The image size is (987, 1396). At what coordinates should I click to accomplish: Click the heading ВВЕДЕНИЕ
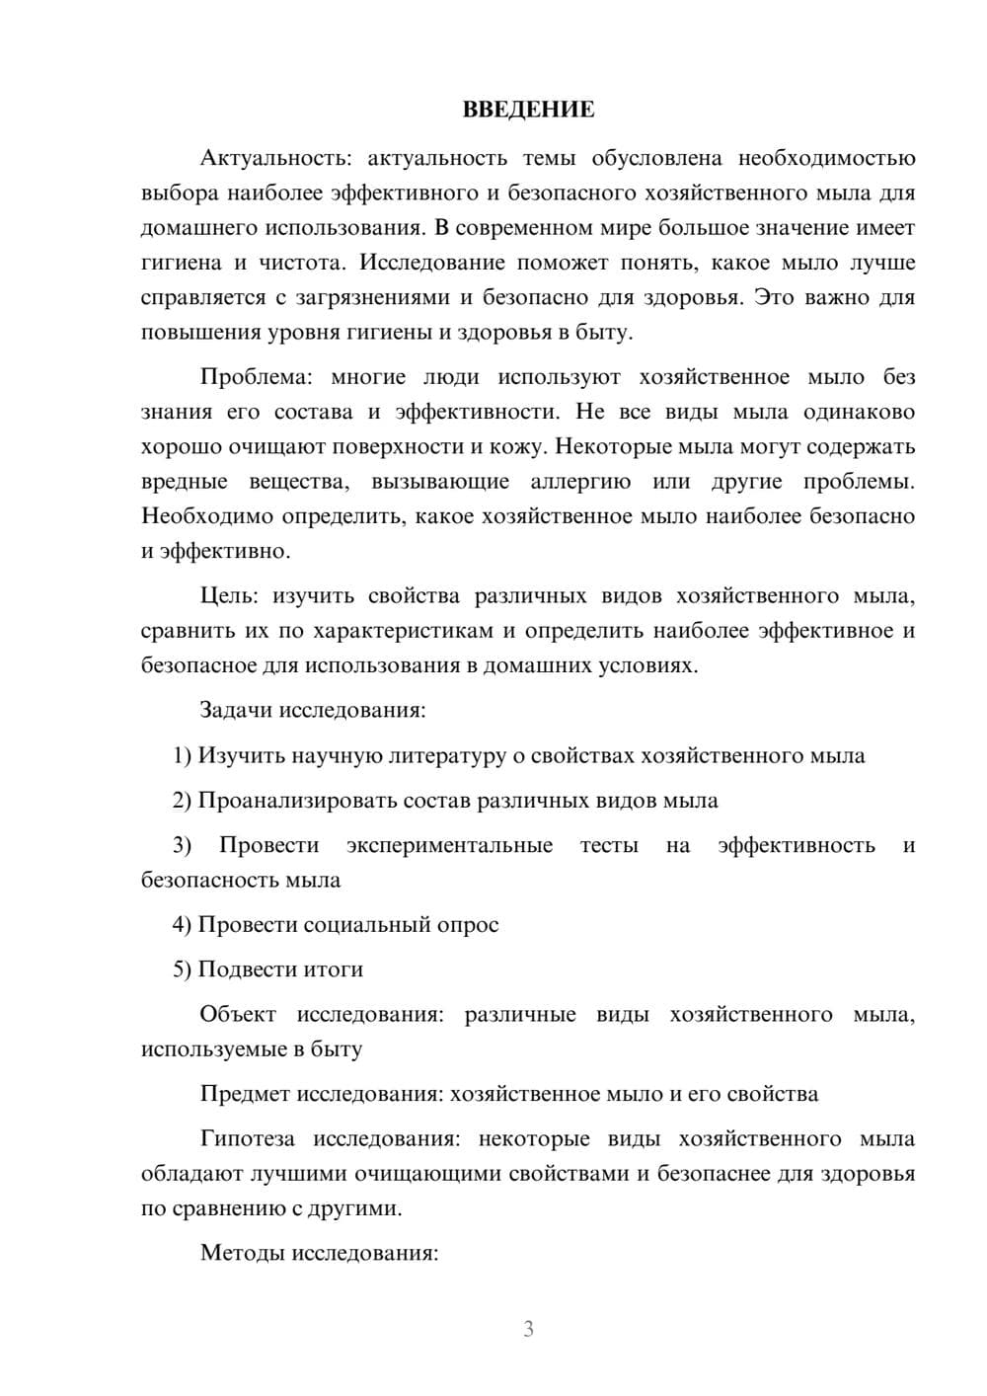pos(528,110)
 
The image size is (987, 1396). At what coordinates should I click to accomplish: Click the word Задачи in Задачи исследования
pos(237,710)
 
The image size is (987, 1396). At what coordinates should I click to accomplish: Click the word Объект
pos(238,1015)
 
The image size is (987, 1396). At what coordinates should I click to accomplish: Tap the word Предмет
pos(245,1094)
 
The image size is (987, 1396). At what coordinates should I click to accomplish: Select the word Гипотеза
pos(247,1139)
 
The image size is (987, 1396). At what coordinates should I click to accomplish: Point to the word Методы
pos(238,1253)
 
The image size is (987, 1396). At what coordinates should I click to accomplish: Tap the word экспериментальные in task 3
pos(449,845)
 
